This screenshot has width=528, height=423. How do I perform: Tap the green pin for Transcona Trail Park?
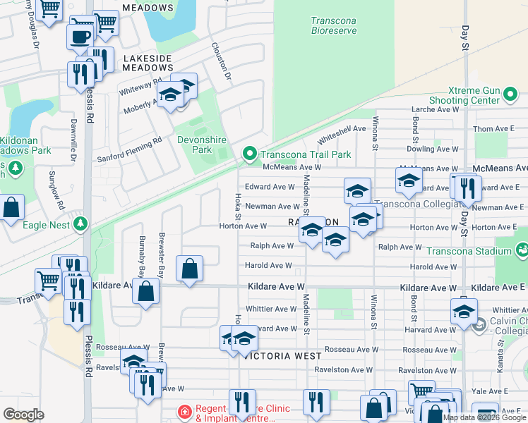click(248, 153)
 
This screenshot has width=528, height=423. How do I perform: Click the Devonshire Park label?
click(194, 145)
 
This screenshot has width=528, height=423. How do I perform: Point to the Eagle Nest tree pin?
click(81, 223)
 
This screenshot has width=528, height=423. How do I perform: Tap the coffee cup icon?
click(80, 35)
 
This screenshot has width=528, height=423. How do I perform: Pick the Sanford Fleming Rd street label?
click(129, 149)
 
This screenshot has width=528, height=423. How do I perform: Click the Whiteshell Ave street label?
click(342, 134)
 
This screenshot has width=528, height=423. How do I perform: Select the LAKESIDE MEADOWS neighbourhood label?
click(148, 63)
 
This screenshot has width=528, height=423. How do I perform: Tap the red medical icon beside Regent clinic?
click(184, 411)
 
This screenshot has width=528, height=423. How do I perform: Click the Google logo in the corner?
click(23, 415)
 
